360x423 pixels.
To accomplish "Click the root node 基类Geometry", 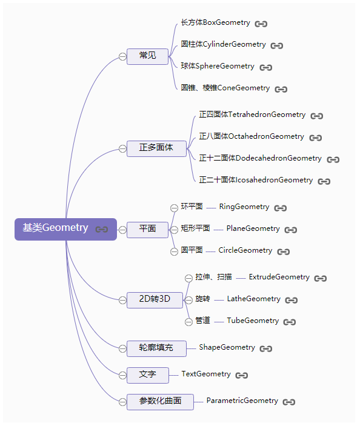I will (56, 228).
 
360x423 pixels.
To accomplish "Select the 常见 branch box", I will (147, 56).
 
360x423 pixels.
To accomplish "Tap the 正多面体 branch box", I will (156, 148).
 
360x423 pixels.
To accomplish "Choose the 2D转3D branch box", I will (155, 299).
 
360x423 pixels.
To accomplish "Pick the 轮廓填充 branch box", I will (156, 348).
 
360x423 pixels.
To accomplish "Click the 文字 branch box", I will (147, 375).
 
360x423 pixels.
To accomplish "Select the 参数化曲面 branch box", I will (160, 401).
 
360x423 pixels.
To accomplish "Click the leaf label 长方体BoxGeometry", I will (215, 23).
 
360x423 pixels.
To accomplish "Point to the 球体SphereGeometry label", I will (218, 67).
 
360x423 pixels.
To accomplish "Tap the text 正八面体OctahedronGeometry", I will (252, 137).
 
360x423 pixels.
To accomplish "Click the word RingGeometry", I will (244, 207).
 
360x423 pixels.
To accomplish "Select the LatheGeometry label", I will (253, 299).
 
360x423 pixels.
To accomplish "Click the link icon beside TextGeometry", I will (242, 375).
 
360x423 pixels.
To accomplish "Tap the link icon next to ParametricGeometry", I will (289, 402).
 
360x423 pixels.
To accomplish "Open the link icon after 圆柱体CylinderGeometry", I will (277, 45).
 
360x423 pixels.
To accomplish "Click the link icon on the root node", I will (102, 230).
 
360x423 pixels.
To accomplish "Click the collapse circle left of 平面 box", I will (122, 230).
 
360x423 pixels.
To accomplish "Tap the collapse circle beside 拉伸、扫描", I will (188, 278).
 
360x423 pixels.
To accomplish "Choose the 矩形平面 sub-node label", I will (195, 229).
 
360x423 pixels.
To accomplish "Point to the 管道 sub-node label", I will (202, 321).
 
